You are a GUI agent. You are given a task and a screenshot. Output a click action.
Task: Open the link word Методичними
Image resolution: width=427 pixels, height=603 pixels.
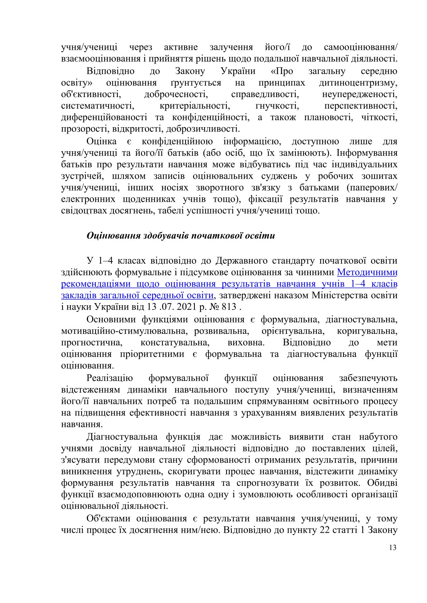click(x=367, y=272)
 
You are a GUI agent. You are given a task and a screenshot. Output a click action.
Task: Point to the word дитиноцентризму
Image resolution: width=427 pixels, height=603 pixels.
click(x=358, y=83)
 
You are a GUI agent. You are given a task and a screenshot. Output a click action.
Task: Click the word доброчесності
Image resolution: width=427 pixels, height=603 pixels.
click(x=175, y=95)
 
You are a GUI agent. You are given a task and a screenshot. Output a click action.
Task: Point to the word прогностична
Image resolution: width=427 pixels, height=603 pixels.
click(x=92, y=342)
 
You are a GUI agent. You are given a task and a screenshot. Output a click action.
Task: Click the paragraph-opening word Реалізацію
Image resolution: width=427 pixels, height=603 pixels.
click(x=109, y=378)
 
